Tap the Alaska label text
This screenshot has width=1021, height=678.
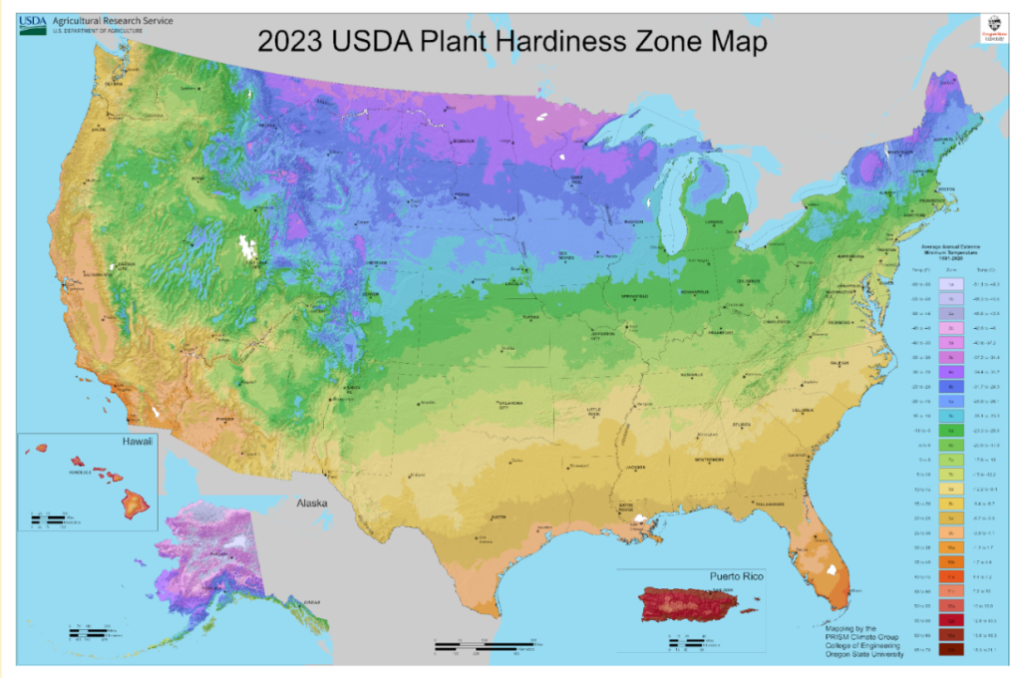304,505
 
